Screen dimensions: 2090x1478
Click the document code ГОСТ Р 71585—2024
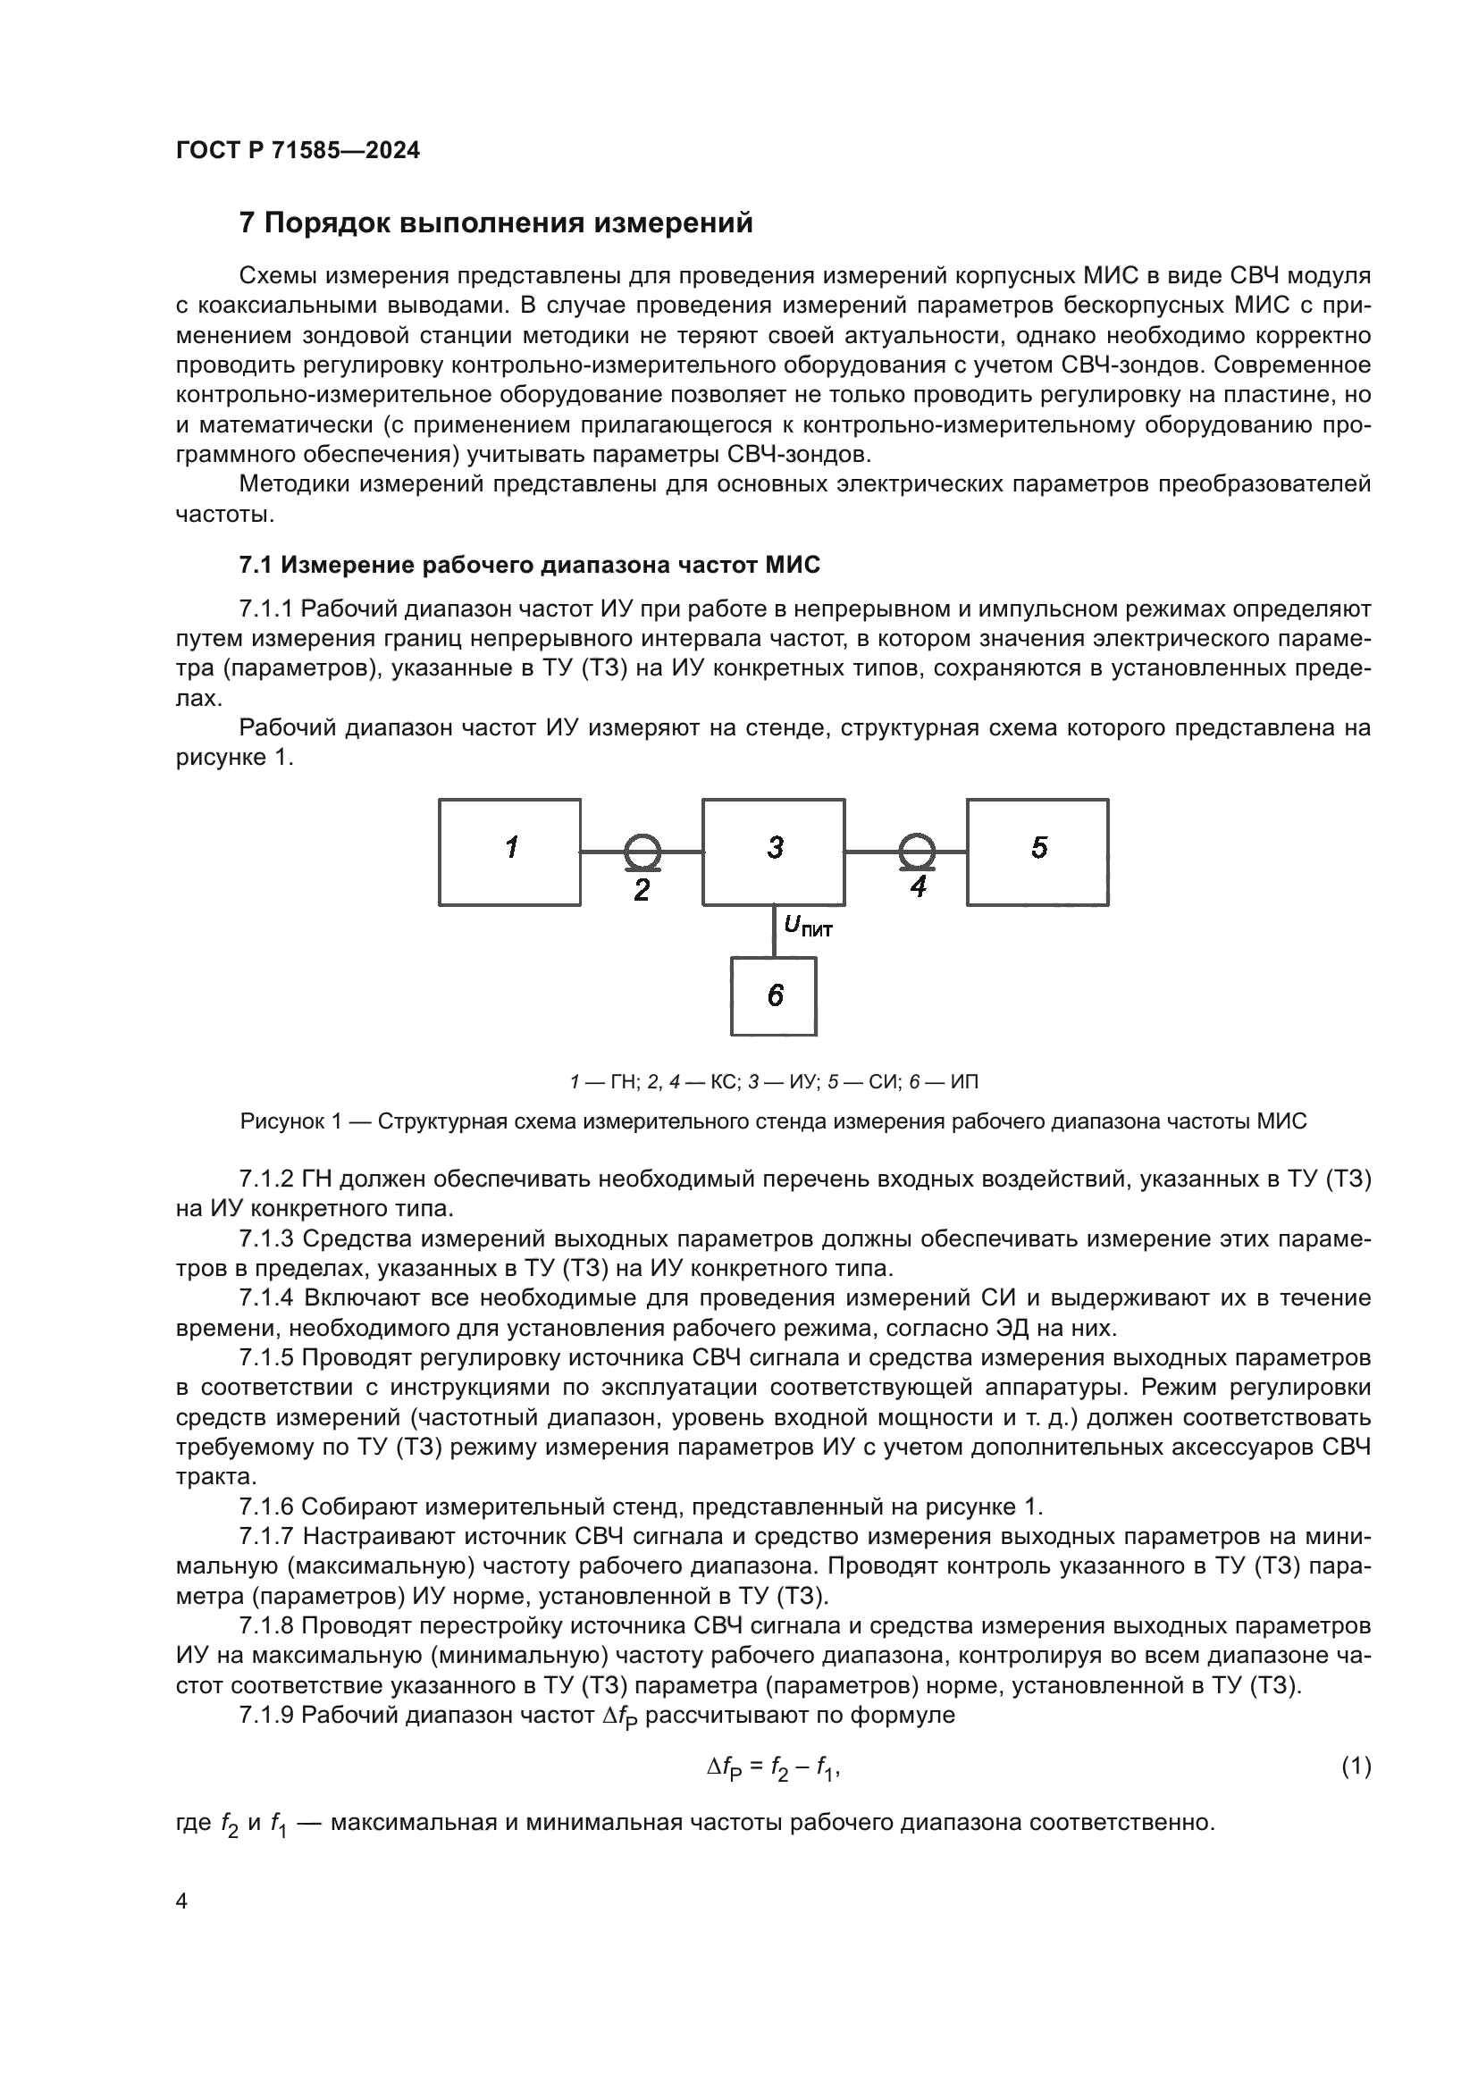298,151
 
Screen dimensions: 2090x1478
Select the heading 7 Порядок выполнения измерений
496,223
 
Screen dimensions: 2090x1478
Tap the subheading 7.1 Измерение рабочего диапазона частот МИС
529,566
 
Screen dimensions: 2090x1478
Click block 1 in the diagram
509,852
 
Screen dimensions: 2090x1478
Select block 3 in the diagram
774,852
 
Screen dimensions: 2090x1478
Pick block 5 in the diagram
1037,852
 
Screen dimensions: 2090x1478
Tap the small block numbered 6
774,995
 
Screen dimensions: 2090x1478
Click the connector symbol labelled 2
642,852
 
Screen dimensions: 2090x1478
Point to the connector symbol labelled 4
917,852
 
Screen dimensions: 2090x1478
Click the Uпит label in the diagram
807,927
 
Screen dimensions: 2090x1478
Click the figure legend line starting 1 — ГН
774,1082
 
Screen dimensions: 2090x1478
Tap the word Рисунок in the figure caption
277,1121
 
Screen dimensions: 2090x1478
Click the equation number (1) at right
1356,1767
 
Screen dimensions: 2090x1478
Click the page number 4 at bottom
181,1901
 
